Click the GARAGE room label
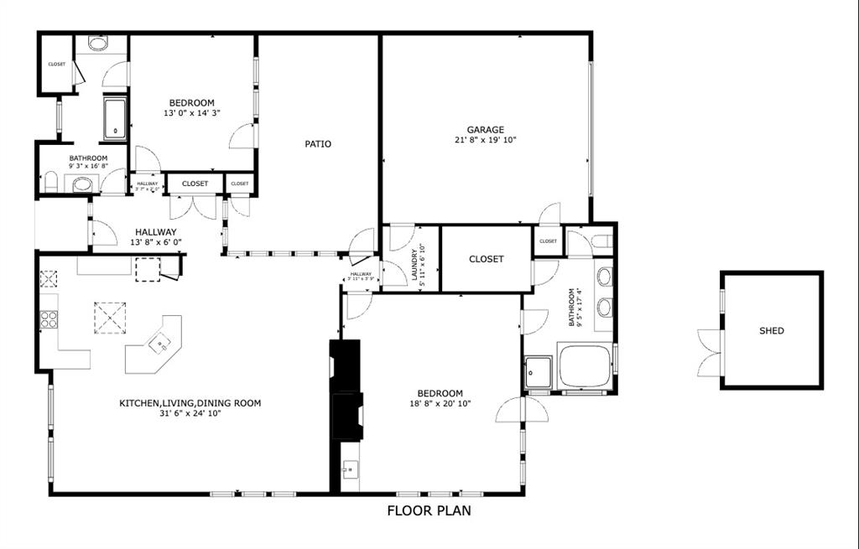click(x=486, y=130)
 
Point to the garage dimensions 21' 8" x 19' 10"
click(x=486, y=141)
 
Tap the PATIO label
click(x=318, y=144)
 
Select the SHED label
click(x=772, y=331)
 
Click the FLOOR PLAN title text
click(x=429, y=510)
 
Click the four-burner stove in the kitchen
click(x=49, y=319)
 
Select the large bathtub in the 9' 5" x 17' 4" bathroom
click(x=585, y=366)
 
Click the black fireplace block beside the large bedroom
click(x=346, y=390)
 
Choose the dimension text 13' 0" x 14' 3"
click(x=192, y=113)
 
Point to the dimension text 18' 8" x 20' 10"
click(x=440, y=404)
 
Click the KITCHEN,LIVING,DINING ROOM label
click(x=190, y=403)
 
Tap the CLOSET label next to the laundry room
click(x=487, y=259)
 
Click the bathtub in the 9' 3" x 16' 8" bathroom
click(x=115, y=119)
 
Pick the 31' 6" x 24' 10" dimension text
click(x=190, y=413)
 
